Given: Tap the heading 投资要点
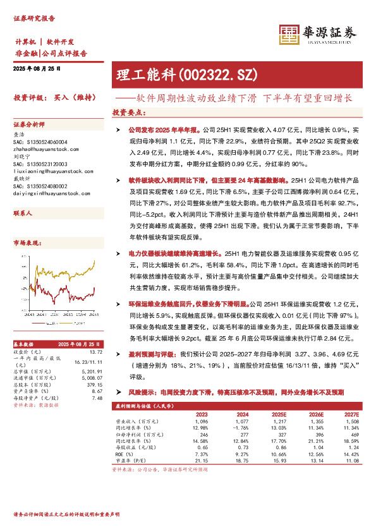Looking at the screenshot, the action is point(129,112).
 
